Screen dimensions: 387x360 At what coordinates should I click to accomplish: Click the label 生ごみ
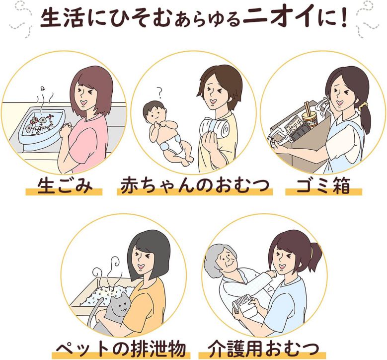64,185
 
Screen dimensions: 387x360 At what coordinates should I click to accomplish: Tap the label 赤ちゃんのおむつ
194,185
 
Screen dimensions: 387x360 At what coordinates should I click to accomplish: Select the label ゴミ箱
323,186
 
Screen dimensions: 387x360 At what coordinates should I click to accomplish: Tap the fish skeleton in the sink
41,124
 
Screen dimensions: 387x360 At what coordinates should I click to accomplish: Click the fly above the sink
43,88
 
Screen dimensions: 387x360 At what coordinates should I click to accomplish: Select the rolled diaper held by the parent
214,128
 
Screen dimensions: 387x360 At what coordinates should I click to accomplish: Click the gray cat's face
120,305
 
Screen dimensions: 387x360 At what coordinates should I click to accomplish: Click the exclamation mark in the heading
341,18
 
